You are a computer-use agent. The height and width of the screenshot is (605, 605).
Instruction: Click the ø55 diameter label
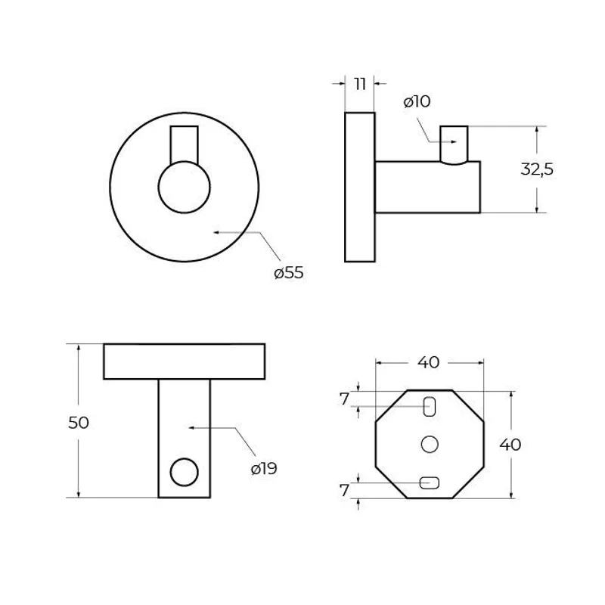pyautogui.click(x=289, y=273)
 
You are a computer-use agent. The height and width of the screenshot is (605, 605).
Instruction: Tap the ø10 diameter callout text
pyautogui.click(x=417, y=101)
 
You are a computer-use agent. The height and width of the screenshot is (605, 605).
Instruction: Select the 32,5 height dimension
pyautogui.click(x=537, y=169)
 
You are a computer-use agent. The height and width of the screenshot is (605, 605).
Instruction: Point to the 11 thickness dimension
pyautogui.click(x=360, y=84)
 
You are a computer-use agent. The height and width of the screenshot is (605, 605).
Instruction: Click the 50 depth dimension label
pyautogui.click(x=79, y=423)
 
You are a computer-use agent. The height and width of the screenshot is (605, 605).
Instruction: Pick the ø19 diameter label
pyautogui.click(x=264, y=469)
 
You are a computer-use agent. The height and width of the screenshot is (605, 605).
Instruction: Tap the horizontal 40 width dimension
pyautogui.click(x=428, y=362)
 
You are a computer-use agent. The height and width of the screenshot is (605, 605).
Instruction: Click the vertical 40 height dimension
pyautogui.click(x=510, y=445)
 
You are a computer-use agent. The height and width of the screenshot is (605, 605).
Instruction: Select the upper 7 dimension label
pyautogui.click(x=344, y=399)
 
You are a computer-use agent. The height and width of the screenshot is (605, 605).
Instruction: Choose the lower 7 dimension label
pyautogui.click(x=344, y=490)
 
